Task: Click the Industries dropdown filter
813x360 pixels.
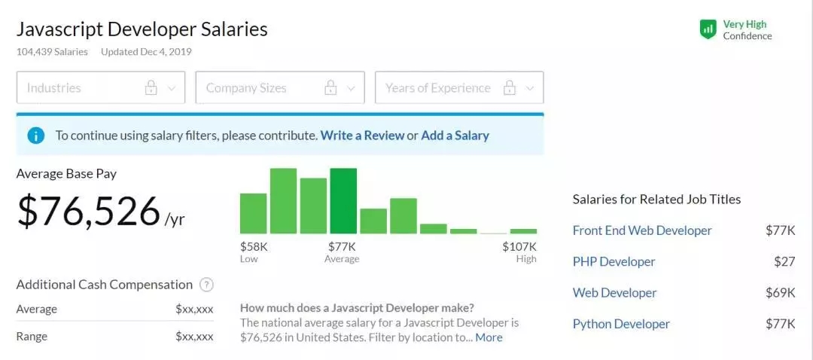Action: click(101, 87)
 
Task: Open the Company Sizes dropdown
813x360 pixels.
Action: click(280, 87)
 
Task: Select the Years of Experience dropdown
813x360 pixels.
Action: click(459, 87)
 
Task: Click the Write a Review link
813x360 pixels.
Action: click(362, 136)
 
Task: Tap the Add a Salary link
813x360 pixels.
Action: click(455, 136)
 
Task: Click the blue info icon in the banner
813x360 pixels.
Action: click(35, 136)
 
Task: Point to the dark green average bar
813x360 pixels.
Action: click(343, 201)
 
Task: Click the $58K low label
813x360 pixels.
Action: click(254, 246)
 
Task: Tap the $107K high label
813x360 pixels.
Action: click(519, 246)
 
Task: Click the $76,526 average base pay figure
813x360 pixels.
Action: click(89, 211)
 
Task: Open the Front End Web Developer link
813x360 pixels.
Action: click(642, 230)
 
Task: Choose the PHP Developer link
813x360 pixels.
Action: click(614, 261)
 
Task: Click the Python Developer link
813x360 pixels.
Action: click(621, 324)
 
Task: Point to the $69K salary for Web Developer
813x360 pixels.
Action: click(780, 292)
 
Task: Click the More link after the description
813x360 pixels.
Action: click(489, 337)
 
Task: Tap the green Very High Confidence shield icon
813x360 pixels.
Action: click(708, 29)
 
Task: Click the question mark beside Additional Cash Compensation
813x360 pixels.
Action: click(206, 285)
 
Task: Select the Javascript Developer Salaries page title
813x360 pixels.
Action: click(142, 29)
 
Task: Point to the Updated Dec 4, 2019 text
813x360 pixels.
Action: click(146, 52)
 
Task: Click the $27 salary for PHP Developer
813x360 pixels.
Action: click(784, 261)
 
